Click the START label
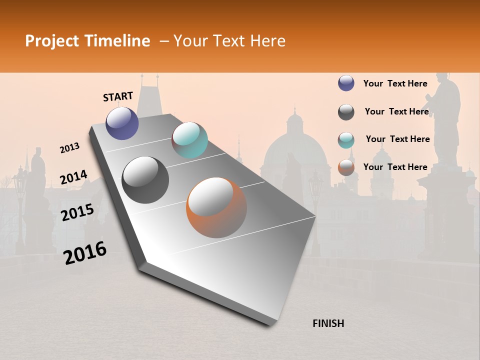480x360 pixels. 118,96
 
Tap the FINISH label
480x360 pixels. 328,323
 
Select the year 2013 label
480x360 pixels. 69,148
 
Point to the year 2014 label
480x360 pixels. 73,177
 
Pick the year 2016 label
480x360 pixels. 85,253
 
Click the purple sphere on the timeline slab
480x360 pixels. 122,123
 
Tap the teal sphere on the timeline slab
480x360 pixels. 189,140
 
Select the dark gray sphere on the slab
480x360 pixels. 145,180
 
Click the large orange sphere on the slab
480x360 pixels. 216,207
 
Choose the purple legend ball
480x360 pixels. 346,83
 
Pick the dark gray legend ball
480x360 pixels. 346,112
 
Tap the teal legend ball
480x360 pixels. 346,140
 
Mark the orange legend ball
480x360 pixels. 346,167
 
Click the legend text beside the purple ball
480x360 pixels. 395,83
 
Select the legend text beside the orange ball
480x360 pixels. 395,167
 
